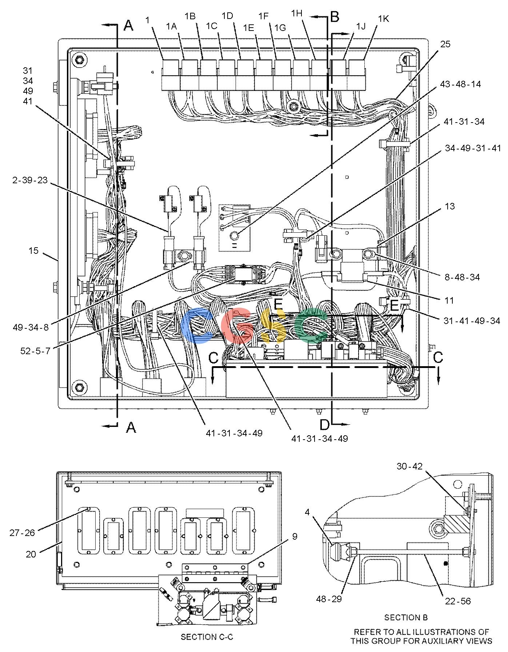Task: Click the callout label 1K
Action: click(383, 19)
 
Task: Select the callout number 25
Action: click(445, 44)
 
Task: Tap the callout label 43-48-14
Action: click(460, 84)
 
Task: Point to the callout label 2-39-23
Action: click(30, 180)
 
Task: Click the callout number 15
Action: click(33, 251)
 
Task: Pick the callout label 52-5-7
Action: click(35, 352)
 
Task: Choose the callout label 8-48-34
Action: click(462, 277)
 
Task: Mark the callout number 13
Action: click(450, 206)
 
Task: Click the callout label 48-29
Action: click(329, 599)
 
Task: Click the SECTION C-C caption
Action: click(207, 637)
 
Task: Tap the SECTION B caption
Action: click(406, 617)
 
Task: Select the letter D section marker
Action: click(324, 424)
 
